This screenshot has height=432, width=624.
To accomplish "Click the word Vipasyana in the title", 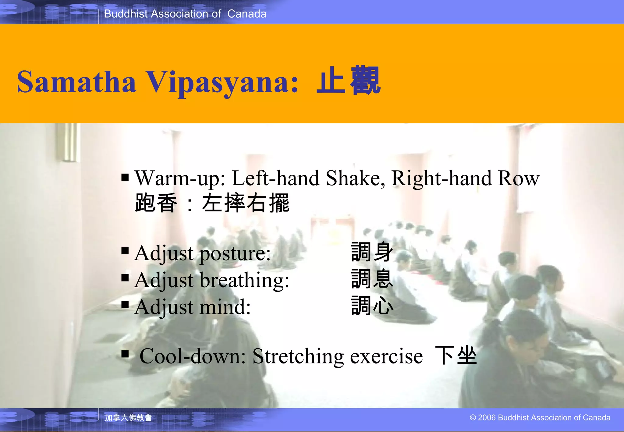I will [x=222, y=82].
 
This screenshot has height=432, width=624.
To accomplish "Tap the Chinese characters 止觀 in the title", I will [x=349, y=81].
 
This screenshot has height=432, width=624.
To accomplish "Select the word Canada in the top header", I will [x=247, y=14].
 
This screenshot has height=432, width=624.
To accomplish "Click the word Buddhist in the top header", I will [x=126, y=14].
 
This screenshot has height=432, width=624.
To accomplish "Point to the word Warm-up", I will [x=180, y=179].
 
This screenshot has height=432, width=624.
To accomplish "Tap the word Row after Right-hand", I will [x=518, y=178].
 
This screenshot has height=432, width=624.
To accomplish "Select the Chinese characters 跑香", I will [x=156, y=203].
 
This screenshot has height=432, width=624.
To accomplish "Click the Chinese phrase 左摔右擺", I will [x=246, y=203].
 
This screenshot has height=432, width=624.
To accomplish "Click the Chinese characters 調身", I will [x=372, y=252].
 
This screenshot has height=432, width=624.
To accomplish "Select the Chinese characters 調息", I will [x=372, y=278].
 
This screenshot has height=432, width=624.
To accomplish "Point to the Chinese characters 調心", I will [x=372, y=306].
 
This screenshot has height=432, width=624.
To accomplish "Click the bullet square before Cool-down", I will [x=125, y=354].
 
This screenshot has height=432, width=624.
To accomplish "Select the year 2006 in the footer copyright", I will [x=487, y=417].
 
